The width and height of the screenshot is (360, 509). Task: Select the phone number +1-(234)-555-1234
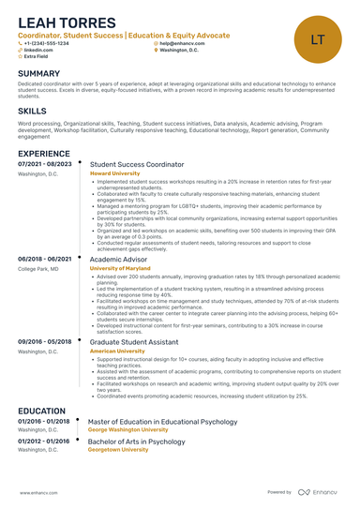47,43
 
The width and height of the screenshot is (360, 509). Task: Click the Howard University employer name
114,173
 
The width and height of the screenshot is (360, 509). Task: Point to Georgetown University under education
118,449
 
